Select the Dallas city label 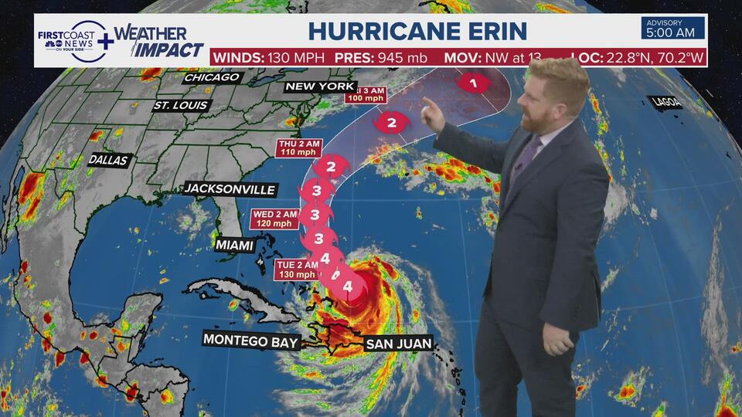click(108, 160)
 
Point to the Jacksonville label click(230, 189)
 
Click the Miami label click(235, 245)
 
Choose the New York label click(320, 86)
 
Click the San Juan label click(398, 343)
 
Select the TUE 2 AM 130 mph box click(298, 269)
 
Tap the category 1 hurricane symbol click(472, 81)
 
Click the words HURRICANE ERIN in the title click(417, 31)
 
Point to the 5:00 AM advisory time click(672, 33)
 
